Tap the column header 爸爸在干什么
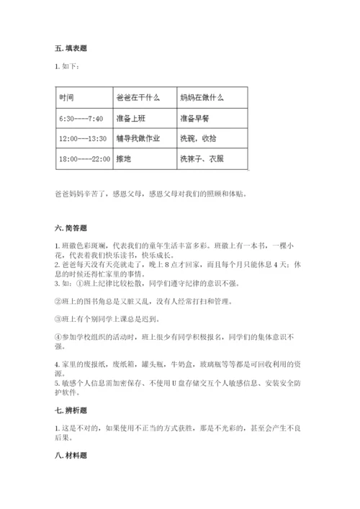click(135, 97)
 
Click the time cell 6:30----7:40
click(81, 118)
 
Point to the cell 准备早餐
click(194, 118)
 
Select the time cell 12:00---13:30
click(83, 138)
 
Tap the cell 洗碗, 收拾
click(197, 138)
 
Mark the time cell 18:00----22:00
click(84, 158)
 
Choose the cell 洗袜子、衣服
click(202, 158)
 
